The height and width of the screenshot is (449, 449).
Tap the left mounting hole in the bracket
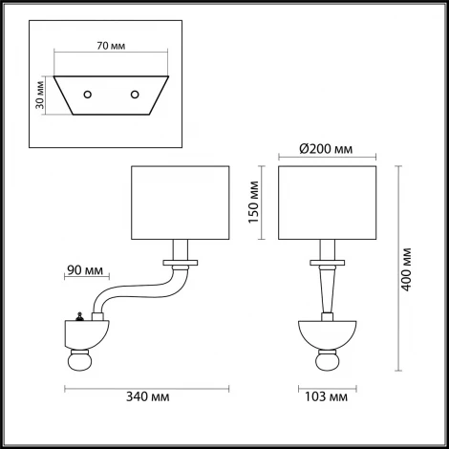[x=88, y=94]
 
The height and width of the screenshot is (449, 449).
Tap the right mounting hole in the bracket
[x=136, y=94]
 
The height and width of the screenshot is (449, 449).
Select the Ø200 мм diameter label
[x=324, y=150]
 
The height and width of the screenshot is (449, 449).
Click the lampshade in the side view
[x=180, y=203]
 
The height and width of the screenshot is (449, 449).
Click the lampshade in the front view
[x=328, y=203]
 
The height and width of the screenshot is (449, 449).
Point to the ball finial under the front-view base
[x=327, y=366]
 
